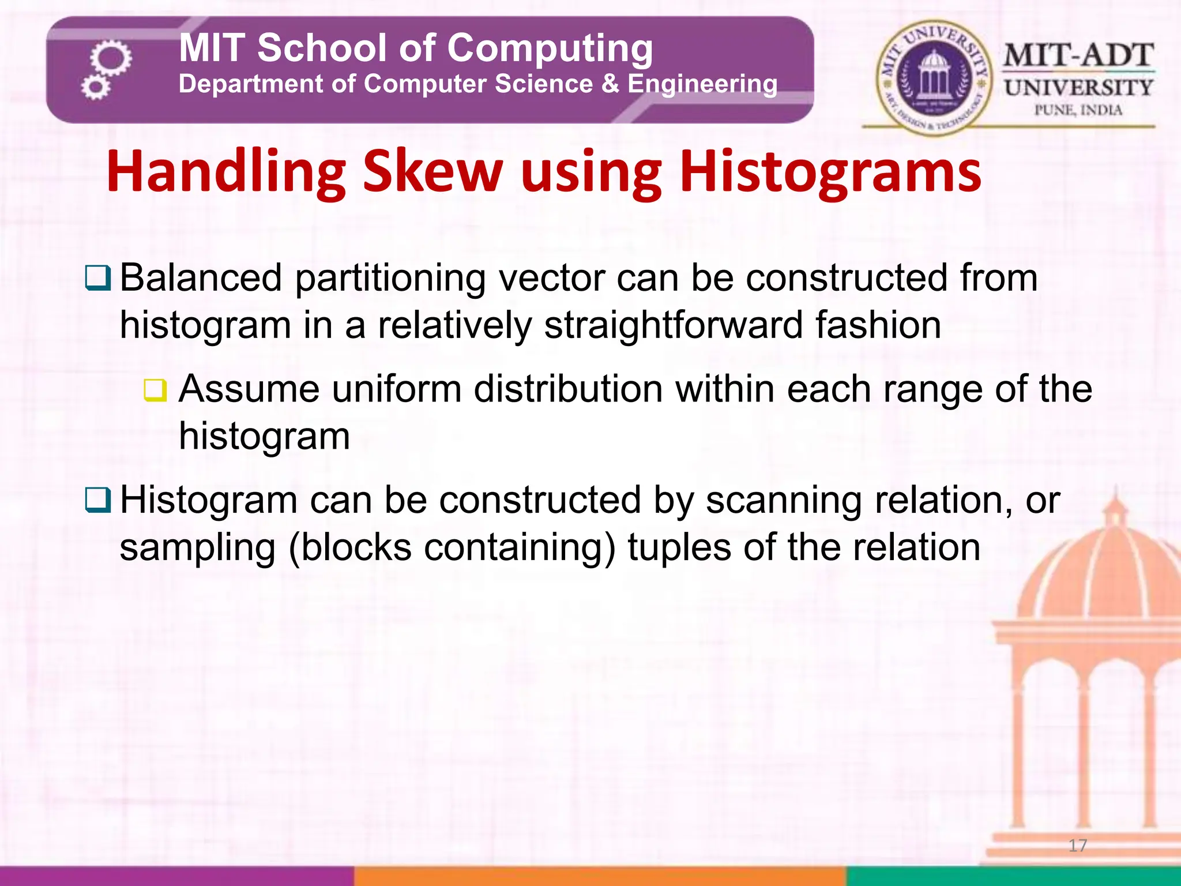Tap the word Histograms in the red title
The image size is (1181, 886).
click(x=830, y=172)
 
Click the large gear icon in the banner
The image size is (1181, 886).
click(x=111, y=58)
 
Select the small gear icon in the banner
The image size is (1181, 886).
click(x=95, y=88)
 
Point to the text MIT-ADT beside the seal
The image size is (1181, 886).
click(x=1078, y=56)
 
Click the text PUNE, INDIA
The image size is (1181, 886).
click(x=1078, y=110)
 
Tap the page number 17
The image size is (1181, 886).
click(x=1077, y=846)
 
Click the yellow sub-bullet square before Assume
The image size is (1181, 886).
click(x=155, y=391)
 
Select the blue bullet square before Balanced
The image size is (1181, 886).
click(x=97, y=278)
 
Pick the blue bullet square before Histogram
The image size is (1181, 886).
click(x=97, y=500)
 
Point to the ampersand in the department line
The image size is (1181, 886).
click(x=610, y=84)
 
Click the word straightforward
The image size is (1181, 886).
click(x=674, y=325)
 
